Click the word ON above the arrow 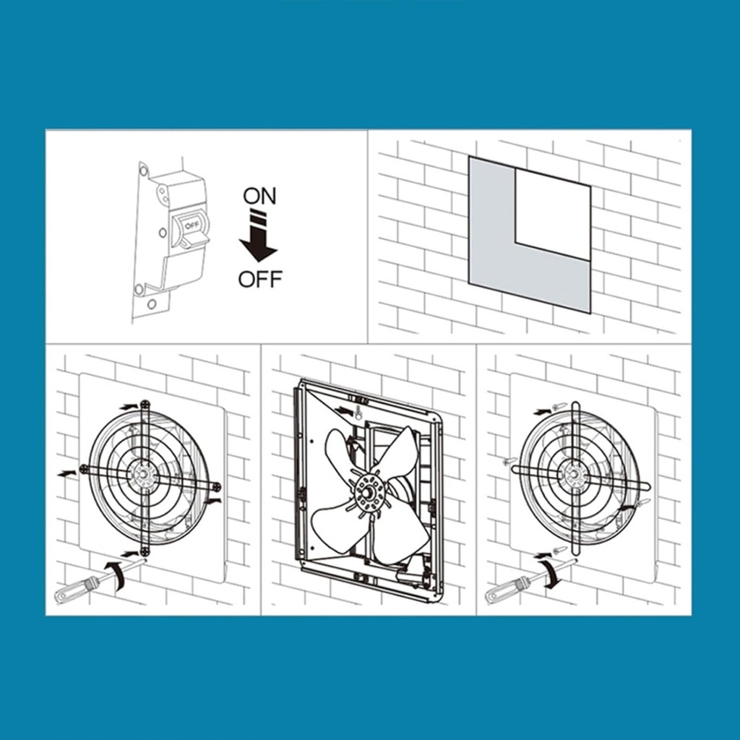tap(259, 196)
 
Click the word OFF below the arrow tap(260, 279)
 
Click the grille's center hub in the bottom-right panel tap(575, 474)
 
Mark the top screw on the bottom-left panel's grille tap(145, 405)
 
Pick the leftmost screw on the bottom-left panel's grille tap(84, 468)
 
